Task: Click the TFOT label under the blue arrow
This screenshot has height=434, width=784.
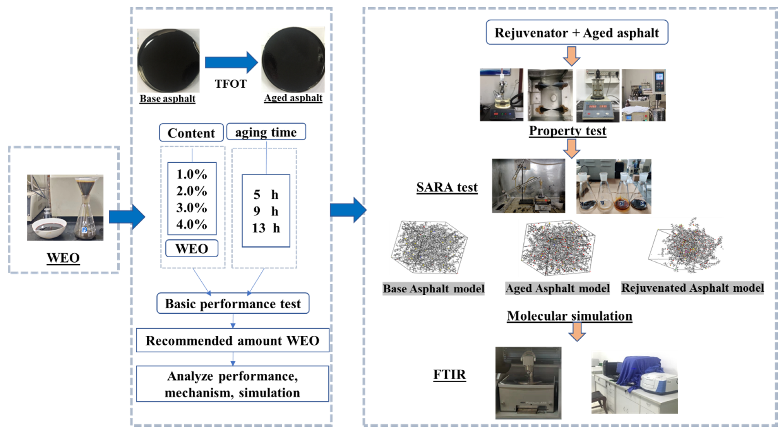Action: coord(230,84)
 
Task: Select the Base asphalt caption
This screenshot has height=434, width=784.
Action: coord(167,99)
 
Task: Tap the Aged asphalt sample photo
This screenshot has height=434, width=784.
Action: coord(293,60)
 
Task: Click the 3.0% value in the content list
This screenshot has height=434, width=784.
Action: coord(192,208)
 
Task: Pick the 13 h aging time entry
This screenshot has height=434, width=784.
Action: coord(266,228)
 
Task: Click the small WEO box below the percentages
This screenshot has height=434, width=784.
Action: coord(192,249)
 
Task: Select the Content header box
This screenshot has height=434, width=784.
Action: coord(191,133)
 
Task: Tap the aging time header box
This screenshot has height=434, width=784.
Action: coord(266,132)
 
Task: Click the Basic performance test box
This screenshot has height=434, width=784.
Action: coord(233,303)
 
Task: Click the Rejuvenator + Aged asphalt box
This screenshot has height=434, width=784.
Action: coord(577,33)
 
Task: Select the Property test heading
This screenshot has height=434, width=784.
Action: coord(568,131)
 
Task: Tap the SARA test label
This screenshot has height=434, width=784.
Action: coord(447,187)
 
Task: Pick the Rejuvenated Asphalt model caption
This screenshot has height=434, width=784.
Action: coord(692,288)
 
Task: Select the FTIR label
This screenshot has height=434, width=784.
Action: coord(449,374)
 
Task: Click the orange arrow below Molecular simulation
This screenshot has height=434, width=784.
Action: coord(577,332)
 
